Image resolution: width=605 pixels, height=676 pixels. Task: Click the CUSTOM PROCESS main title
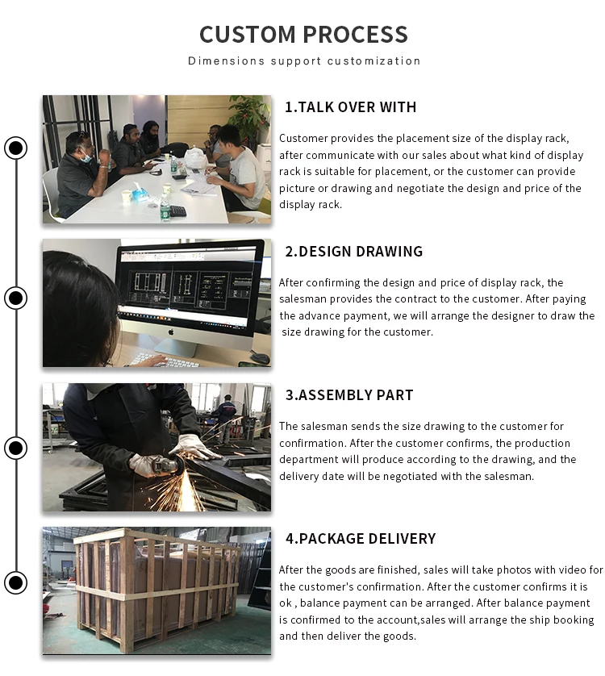(x=303, y=35)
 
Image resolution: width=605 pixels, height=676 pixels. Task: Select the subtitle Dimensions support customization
(x=304, y=61)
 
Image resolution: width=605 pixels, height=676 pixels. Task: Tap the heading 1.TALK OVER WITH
(x=351, y=107)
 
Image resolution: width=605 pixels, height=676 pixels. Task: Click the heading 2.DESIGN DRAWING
(x=353, y=252)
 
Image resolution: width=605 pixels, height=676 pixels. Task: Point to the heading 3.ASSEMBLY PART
(x=349, y=395)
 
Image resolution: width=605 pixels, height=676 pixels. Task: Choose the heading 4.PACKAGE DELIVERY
(x=361, y=539)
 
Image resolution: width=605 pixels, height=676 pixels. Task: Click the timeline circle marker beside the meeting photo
(x=16, y=148)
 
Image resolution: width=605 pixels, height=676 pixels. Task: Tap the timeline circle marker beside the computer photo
(x=16, y=298)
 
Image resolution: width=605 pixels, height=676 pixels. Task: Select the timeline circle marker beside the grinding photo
(x=16, y=448)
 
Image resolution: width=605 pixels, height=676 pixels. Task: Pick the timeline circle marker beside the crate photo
(x=16, y=583)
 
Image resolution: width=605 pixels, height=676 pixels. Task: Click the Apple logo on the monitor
(x=171, y=332)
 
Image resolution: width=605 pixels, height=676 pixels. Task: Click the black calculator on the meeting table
(x=177, y=211)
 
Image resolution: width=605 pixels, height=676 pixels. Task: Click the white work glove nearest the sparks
(x=194, y=447)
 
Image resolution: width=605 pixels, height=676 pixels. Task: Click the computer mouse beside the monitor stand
(x=260, y=357)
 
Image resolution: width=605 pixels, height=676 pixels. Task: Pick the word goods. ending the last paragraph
(x=402, y=636)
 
